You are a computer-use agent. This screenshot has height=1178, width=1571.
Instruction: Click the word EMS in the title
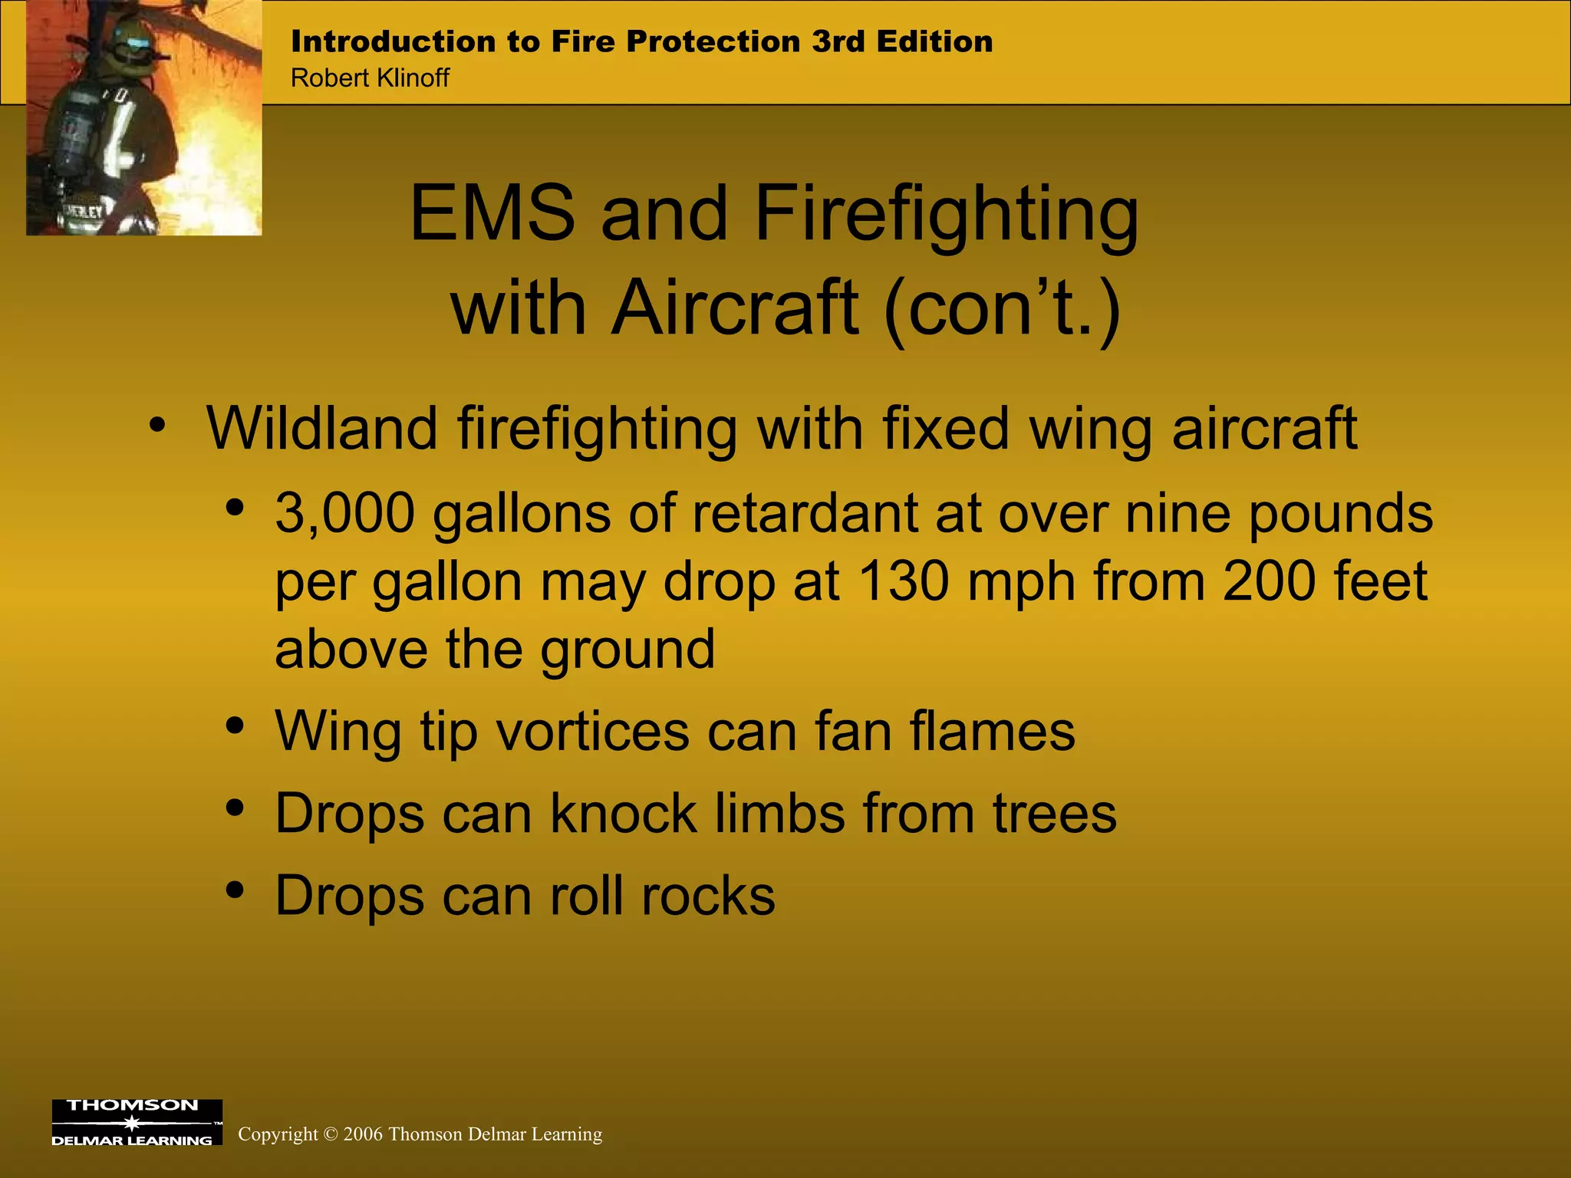(492, 214)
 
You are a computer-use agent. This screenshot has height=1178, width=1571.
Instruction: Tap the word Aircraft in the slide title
(734, 309)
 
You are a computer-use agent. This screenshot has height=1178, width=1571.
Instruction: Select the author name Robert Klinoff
(370, 78)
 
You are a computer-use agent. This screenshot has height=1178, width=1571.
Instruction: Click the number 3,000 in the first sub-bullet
(345, 513)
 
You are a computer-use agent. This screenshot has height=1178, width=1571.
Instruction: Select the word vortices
(593, 732)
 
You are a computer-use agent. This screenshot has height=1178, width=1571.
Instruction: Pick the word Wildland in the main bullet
(322, 429)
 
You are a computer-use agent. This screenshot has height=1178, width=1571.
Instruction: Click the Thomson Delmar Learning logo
(137, 1122)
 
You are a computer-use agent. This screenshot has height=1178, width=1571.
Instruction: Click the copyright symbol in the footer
(331, 1135)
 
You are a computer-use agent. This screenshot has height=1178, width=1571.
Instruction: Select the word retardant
(805, 513)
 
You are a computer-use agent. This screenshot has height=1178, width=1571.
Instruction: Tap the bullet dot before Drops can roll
(235, 890)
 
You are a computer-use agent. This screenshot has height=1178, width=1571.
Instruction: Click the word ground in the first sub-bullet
(627, 650)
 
